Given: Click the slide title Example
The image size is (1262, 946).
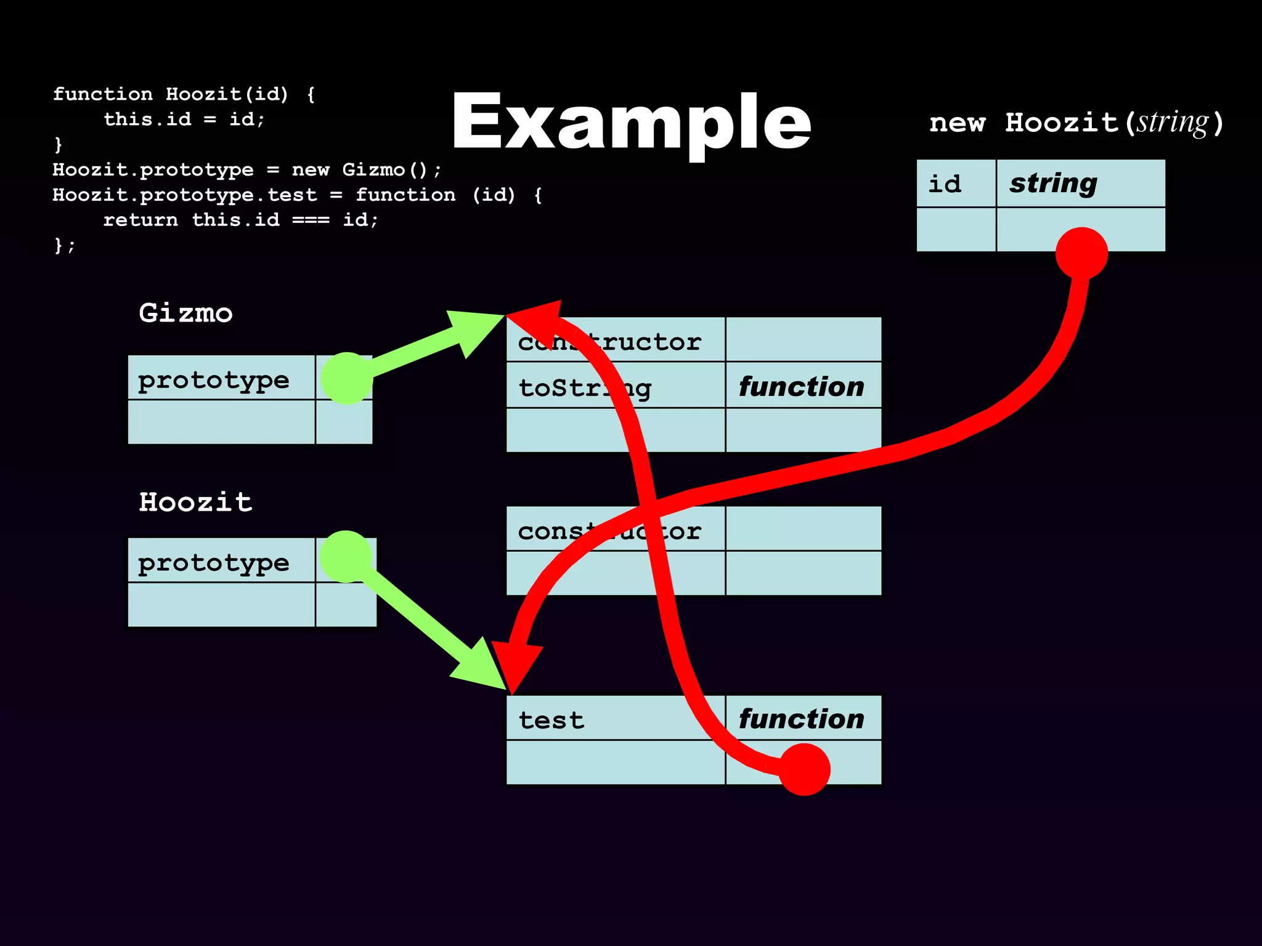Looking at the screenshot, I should pyautogui.click(x=631, y=122).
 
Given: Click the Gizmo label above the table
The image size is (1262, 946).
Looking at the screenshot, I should pyautogui.click(x=185, y=313).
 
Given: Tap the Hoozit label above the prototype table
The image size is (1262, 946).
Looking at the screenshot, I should pyautogui.click(x=195, y=502).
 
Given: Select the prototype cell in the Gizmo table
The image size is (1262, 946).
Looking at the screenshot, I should pyautogui.click(x=213, y=379).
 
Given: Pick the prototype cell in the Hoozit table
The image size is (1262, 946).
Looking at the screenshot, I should pyautogui.click(x=213, y=562).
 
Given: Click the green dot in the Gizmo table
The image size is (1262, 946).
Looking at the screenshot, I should pyautogui.click(x=347, y=378).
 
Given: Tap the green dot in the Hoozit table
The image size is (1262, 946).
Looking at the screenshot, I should pyautogui.click(x=346, y=556).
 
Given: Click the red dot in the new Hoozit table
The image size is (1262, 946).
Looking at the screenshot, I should pyautogui.click(x=1081, y=253).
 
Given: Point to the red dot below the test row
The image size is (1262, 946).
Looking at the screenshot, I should pyautogui.click(x=804, y=769).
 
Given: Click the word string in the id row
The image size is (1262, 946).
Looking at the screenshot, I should pyautogui.click(x=1053, y=183).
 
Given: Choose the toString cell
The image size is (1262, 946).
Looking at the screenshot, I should pyautogui.click(x=584, y=387).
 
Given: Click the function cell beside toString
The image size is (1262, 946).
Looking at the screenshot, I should pyautogui.click(x=801, y=386).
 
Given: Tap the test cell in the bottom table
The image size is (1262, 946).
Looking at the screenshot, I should pyautogui.click(x=551, y=719).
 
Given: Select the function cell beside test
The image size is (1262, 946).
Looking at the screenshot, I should pyautogui.click(x=801, y=718).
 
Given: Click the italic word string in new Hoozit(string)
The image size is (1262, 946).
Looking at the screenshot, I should pyautogui.click(x=1173, y=122).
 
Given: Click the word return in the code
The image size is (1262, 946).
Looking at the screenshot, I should pyautogui.click(x=140, y=220).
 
